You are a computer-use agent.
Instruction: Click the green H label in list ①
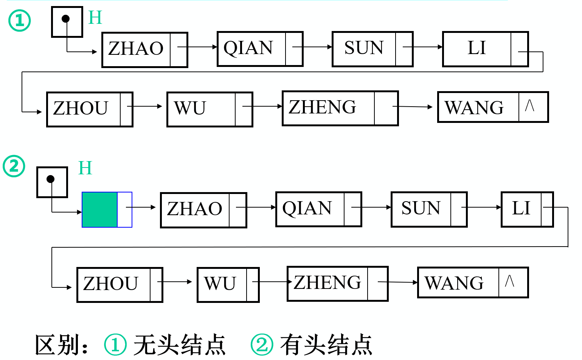[x=95, y=17]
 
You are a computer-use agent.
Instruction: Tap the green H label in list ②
[x=85, y=168]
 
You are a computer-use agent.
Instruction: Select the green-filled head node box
[x=100, y=209]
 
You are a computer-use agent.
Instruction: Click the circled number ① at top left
[x=19, y=21]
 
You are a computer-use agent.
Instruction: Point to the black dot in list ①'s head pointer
[x=66, y=19]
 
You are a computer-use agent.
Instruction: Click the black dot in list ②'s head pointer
[x=51, y=179]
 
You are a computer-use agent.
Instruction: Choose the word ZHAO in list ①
[x=136, y=49]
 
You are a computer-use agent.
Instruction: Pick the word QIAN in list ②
[x=307, y=208]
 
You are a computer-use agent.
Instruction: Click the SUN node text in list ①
[x=364, y=48]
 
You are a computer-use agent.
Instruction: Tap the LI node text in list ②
[x=521, y=208]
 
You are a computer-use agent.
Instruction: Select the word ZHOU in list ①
[x=81, y=109]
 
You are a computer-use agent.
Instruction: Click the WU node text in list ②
[x=220, y=284]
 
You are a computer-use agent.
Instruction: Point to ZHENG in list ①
[x=322, y=107]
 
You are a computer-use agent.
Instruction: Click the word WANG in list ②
[x=454, y=283]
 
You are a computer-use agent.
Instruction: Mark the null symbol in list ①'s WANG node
[x=529, y=106]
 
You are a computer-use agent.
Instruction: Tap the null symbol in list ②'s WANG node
[x=509, y=281]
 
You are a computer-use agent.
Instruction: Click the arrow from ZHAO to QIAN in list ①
[x=197, y=47]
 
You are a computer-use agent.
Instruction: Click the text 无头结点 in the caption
[x=179, y=344]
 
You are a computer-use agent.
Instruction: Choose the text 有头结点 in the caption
[x=326, y=344]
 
